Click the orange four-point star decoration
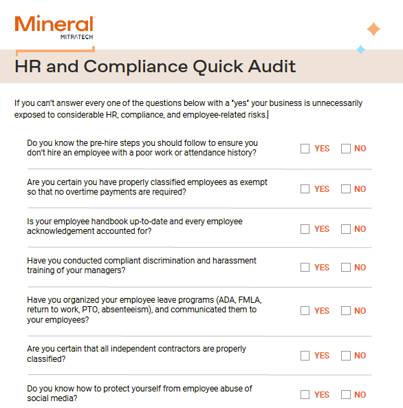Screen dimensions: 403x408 (x=373, y=29)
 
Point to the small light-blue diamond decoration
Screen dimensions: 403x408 (x=360, y=49)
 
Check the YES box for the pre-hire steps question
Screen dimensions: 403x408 (x=305, y=149)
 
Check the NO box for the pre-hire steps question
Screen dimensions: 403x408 (x=345, y=149)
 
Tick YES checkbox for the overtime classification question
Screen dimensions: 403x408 (x=305, y=189)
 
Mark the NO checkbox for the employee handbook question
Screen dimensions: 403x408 (x=345, y=229)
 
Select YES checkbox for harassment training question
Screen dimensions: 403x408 (x=305, y=268)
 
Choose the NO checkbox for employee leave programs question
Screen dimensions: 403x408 (x=345, y=311)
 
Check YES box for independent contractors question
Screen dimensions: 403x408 (x=305, y=356)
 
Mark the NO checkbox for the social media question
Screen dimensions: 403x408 (x=345, y=395)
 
